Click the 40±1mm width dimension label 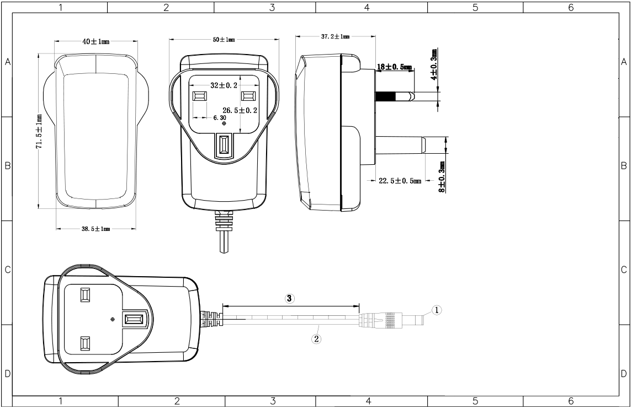[95, 42]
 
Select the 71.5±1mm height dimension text [39, 132]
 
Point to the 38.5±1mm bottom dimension [95, 229]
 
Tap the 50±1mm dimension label [224, 40]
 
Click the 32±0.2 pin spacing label [224, 85]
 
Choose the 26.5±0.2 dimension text [240, 110]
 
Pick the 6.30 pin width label [220, 117]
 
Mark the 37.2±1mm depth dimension [336, 36]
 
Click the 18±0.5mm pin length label [395, 67]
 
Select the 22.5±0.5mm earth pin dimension [400, 181]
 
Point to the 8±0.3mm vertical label [442, 177]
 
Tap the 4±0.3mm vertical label [434, 64]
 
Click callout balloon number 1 [437, 310]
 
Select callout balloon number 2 [316, 338]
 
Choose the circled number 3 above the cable [290, 298]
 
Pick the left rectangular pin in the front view [200, 96]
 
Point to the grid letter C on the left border [7, 270]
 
